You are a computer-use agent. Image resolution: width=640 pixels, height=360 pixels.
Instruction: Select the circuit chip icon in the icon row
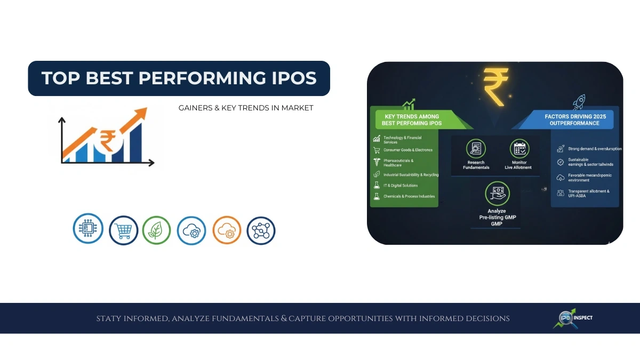87,229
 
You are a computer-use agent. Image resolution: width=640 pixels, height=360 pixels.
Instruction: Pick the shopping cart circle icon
123,230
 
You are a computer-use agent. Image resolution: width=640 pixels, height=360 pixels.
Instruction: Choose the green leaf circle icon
156,230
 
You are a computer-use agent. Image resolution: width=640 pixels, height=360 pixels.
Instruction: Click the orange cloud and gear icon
227,230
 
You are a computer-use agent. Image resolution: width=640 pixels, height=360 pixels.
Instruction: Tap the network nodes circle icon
261,230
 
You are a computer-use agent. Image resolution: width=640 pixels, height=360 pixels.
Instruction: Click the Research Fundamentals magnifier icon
475,148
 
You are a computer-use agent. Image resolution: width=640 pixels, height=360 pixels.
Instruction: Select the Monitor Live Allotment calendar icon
518,148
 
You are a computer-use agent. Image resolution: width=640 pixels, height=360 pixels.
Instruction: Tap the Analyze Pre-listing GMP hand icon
497,193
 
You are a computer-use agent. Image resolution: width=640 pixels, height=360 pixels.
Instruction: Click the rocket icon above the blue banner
579,102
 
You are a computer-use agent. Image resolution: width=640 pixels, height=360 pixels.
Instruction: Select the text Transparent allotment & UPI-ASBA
588,193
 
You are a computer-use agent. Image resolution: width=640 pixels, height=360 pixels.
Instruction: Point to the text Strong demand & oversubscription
591,149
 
